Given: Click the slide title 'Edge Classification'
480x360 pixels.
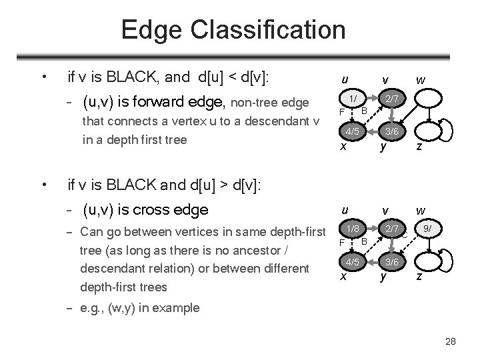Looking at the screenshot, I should click(233, 29).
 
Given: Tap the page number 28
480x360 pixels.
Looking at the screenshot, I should click(451, 341).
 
